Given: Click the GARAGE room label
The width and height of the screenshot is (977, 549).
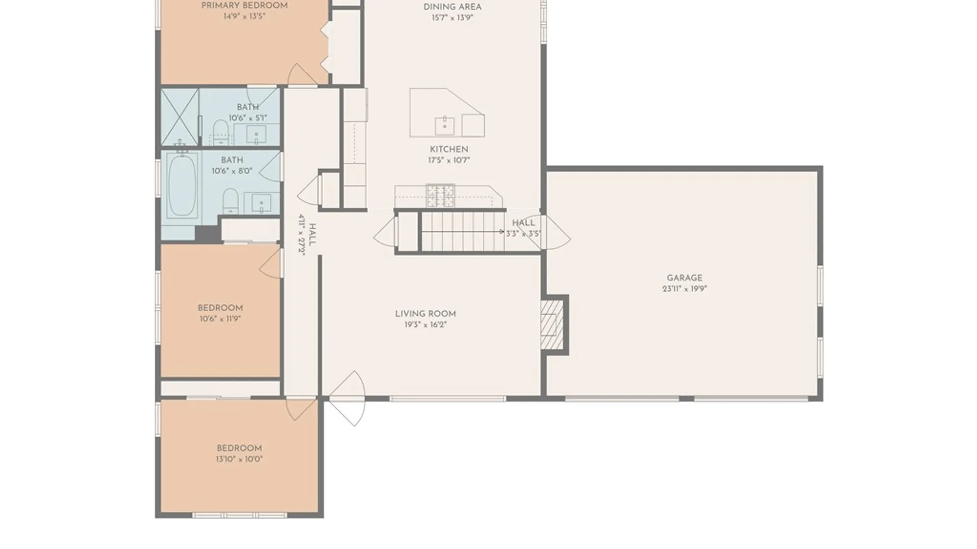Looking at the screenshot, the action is point(684,278).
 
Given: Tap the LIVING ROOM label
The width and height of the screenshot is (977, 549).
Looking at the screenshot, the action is point(425,314).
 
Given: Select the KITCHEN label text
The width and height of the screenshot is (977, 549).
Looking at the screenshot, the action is point(449,149).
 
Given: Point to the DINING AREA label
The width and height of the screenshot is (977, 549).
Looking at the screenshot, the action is point(452,7).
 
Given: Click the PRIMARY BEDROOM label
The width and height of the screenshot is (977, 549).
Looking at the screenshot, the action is point(244,6).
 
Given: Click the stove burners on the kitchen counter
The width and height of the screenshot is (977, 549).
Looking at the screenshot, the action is point(440,196).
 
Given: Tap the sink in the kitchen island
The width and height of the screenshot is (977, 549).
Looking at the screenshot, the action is point(445,126).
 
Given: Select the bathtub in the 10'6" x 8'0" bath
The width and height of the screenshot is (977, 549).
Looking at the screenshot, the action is point(182,186).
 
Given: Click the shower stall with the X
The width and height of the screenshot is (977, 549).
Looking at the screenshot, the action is point(180,117).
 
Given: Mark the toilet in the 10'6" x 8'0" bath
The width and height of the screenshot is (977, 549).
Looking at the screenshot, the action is point(231,201).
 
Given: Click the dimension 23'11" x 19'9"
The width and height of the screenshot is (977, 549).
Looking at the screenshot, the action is point(684,289).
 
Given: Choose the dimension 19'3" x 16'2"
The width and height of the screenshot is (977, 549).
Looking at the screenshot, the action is point(425,325).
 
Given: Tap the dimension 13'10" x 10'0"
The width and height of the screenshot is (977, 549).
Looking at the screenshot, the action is point(239,459).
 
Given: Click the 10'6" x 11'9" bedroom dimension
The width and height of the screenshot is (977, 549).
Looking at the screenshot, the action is point(220,319).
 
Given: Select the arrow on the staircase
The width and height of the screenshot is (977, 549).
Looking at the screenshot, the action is point(463,232).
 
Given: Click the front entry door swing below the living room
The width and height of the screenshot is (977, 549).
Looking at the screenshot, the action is point(347,399).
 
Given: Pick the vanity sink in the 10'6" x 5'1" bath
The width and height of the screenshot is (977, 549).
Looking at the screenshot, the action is point(256,135).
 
